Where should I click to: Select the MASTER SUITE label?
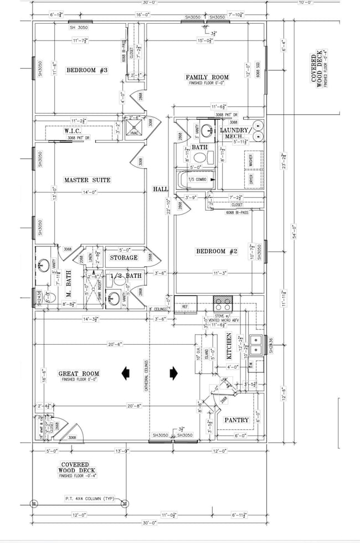[87, 180]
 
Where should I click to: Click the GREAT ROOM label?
[79, 374]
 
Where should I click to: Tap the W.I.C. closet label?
[73, 131]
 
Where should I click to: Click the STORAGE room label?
[123, 258]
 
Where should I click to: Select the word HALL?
[161, 189]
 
